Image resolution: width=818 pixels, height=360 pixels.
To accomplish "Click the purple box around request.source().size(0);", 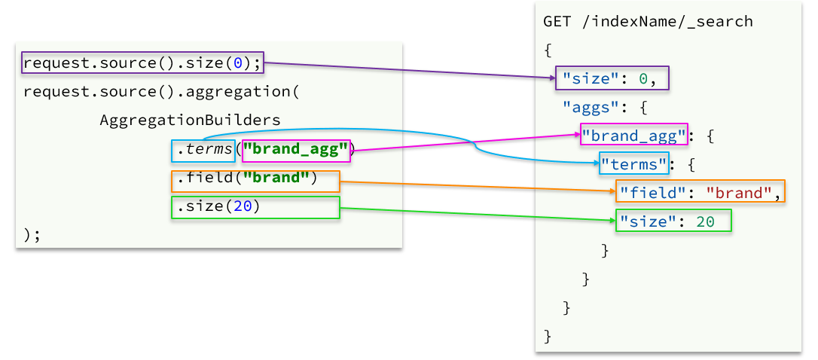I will pos(142,63).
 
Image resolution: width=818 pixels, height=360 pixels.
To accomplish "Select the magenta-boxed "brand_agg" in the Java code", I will pos(297,151).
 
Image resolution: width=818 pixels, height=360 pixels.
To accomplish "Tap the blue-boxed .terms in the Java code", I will pos(203,151).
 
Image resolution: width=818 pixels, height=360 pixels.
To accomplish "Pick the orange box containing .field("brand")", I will pos(255,181).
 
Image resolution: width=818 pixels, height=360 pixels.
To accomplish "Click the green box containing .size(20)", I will pos(255,207).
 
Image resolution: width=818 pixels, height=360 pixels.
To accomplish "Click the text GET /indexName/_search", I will pos(648,21).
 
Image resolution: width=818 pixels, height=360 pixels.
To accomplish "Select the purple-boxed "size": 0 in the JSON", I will pos(612,78).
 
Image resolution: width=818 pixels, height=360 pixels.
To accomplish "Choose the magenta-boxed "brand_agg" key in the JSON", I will pos(634,136).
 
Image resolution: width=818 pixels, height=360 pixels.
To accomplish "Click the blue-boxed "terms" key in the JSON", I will pos(634,163).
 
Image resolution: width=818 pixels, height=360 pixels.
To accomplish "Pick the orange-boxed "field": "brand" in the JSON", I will pos(700,192).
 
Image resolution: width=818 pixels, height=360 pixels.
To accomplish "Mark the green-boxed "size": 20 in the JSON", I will pos(674,221).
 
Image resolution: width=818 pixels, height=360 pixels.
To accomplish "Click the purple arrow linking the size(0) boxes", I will pos(407,70).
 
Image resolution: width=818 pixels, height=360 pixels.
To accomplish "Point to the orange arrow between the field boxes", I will pos(475,186).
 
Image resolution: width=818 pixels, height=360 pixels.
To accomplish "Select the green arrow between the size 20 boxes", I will pos(475,214).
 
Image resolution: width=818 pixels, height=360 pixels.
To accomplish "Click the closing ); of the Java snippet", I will pos(32,235).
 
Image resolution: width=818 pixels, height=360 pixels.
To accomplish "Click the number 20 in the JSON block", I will pos(705,221).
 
